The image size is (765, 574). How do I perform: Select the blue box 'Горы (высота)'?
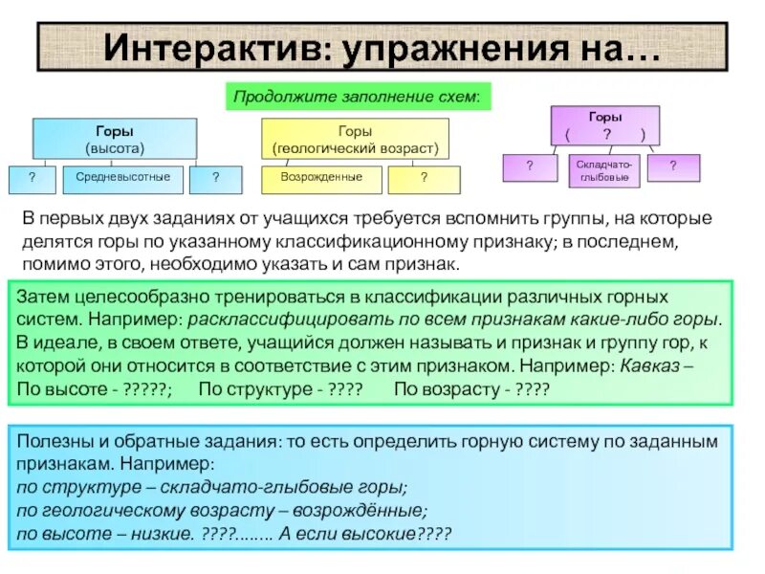point(115,139)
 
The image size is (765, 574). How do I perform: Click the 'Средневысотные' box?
point(123,178)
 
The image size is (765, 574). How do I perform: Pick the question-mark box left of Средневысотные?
point(33,178)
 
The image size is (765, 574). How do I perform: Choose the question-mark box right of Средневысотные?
point(216,178)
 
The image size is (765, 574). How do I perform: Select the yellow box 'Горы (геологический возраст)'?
point(355,140)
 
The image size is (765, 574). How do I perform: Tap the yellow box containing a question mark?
point(424,179)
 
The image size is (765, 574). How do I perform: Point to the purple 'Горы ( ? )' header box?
point(604,125)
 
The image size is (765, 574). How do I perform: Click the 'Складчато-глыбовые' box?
point(602,170)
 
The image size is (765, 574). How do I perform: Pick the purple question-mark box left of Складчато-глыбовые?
point(530,167)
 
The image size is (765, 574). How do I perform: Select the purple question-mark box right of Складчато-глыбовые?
point(673,167)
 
